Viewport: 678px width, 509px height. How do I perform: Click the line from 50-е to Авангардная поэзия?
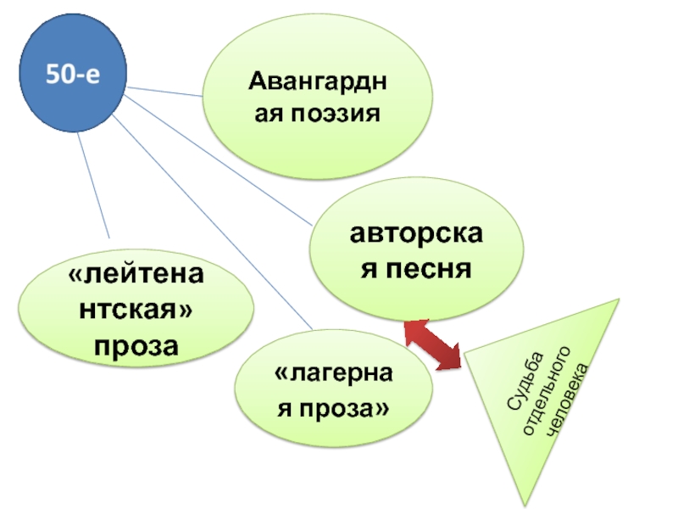(165, 90)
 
